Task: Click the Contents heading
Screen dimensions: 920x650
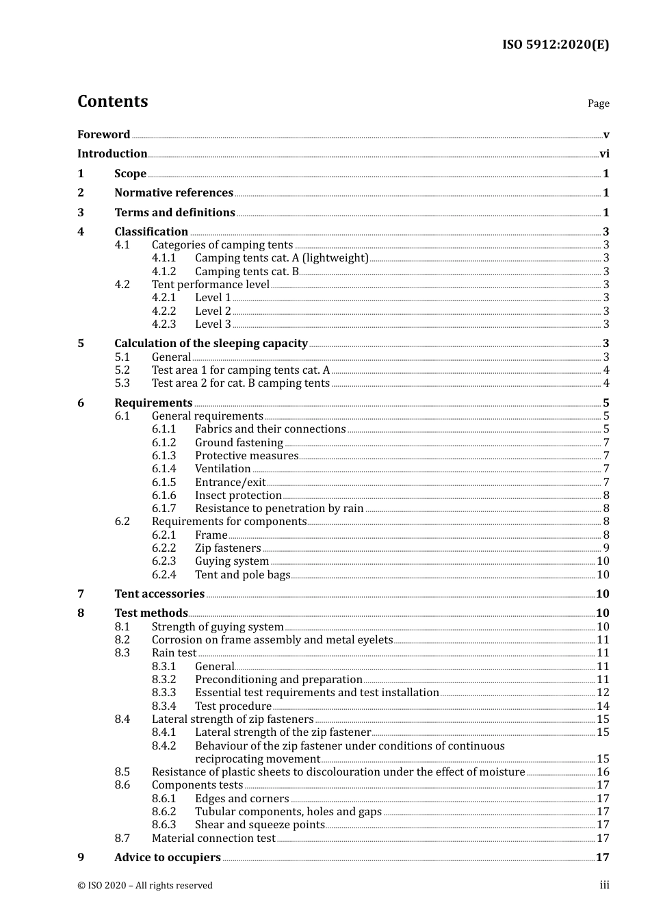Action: tap(113, 101)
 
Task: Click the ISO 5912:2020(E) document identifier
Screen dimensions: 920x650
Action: tap(556, 45)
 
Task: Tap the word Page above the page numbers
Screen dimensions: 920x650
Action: tap(598, 103)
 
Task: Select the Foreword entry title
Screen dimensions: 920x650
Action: tap(103, 135)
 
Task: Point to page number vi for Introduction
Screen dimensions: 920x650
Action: tap(604, 154)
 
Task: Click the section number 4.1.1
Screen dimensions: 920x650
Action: tap(164, 258)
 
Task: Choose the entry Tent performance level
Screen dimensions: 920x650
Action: tap(211, 285)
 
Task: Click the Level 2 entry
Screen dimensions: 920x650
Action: tap(213, 311)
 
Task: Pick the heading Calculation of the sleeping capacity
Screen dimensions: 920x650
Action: tap(211, 344)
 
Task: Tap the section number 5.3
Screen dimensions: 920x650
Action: tap(122, 383)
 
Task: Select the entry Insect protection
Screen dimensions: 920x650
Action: tap(238, 496)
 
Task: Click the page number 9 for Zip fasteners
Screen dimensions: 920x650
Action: tap(606, 548)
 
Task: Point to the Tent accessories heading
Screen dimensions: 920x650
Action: tap(159, 594)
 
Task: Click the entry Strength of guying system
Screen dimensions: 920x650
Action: tap(218, 627)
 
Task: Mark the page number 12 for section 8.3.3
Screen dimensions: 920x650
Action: tap(603, 693)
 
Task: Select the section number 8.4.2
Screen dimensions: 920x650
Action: tap(164, 746)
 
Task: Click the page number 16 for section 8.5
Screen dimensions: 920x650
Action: tap(603, 772)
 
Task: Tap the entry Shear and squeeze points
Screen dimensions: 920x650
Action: tap(260, 825)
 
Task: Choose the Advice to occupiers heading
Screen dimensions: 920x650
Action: tap(168, 858)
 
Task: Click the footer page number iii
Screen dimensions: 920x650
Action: tap(605, 885)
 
